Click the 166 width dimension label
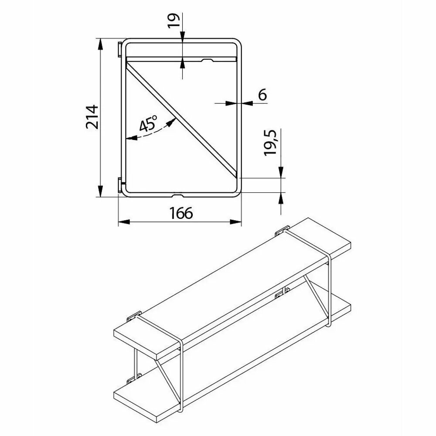[181, 213]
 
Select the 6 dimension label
[262, 95]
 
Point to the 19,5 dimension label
[270, 143]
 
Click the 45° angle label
[148, 123]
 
